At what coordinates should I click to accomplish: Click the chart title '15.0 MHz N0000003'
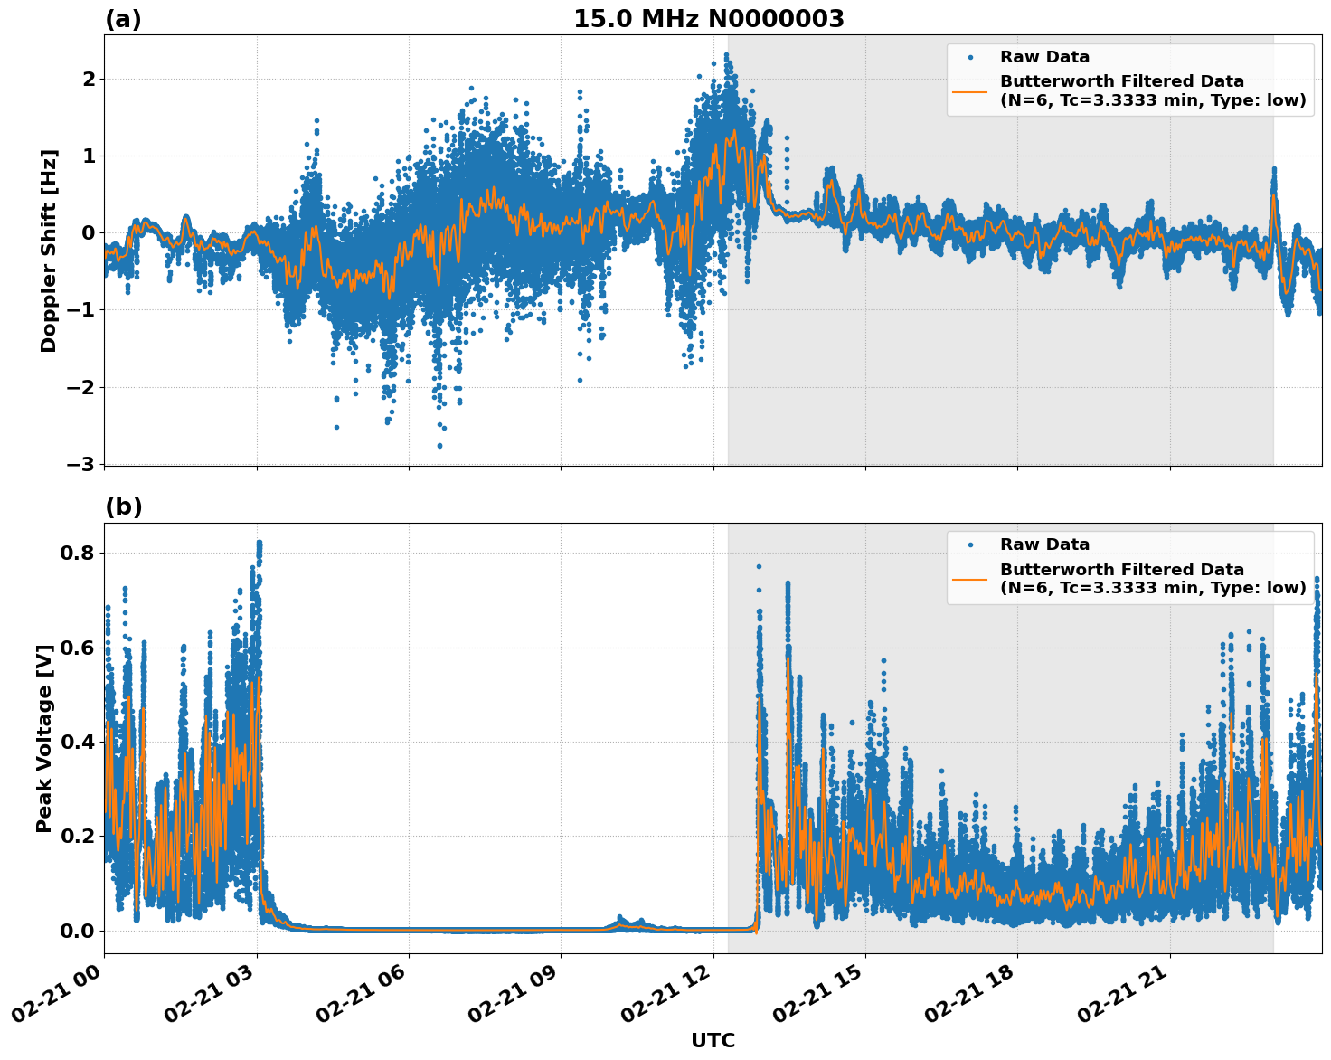[708, 19]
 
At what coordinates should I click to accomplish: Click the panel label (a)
[123, 19]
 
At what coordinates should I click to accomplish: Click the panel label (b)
[124, 506]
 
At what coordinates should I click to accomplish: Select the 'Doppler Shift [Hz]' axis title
[49, 251]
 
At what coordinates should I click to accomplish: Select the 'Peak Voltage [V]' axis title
[44, 738]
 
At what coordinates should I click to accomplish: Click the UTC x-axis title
[713, 1041]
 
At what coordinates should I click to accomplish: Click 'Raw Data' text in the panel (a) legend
[1044, 57]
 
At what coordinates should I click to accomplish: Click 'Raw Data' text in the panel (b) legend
[1044, 544]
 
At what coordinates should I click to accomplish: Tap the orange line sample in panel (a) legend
[970, 90]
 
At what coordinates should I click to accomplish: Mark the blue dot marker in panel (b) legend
[970, 544]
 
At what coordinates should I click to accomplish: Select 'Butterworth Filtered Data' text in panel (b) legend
[1121, 570]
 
